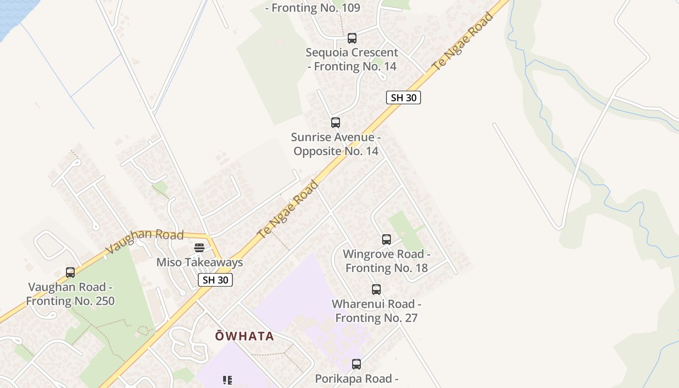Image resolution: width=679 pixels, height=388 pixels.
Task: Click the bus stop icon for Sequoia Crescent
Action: point(352,38)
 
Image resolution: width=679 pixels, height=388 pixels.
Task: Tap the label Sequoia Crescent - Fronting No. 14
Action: point(352,59)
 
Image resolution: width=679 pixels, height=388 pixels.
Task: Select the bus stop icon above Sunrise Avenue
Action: point(336,123)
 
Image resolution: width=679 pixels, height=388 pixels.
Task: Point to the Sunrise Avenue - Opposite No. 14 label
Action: point(336,144)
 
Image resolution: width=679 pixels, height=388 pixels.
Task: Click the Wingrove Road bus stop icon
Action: point(387,240)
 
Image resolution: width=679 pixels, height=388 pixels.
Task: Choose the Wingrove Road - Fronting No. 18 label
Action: point(387,261)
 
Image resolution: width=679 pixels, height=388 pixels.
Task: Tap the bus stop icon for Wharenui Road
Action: point(376,290)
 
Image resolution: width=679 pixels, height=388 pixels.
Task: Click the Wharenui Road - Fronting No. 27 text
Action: point(376,311)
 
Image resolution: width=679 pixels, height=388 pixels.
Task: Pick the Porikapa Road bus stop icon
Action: point(356,364)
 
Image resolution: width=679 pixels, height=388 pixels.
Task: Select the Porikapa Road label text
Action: point(356,379)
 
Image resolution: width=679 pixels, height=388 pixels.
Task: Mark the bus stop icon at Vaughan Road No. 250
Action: point(70,273)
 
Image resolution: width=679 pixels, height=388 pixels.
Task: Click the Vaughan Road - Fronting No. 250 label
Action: point(70,294)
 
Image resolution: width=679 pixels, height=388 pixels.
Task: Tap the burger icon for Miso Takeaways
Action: point(199,248)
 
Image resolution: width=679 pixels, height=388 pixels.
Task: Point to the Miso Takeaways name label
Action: point(199,262)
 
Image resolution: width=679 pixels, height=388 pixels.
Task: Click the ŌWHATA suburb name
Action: point(244,336)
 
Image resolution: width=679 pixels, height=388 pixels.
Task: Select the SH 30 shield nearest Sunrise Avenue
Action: point(404,97)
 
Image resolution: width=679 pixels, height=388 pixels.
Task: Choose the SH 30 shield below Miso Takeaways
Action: point(215,280)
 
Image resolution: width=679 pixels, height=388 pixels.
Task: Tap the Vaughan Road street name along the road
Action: point(145,241)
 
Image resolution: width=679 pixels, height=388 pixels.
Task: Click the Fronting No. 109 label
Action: point(315,8)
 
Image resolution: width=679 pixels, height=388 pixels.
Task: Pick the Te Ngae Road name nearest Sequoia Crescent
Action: point(463,41)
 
